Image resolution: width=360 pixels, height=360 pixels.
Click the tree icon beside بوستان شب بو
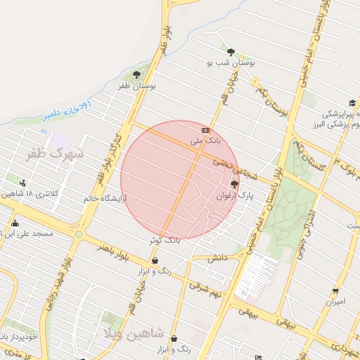[x=230, y=51]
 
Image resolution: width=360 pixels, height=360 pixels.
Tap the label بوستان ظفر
[x=136, y=86]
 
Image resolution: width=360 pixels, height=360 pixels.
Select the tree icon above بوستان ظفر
[x=136, y=74]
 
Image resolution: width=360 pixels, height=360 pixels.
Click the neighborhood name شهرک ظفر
[x=53, y=152]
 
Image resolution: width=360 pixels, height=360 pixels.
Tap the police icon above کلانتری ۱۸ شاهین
[x=23, y=184]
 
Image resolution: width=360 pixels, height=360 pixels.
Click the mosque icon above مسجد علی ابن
[x=15, y=224]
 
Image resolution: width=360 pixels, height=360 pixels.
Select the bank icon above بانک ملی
[x=205, y=130]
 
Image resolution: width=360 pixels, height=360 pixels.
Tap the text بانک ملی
[x=205, y=141]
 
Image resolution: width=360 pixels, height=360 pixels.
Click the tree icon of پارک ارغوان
[x=234, y=184]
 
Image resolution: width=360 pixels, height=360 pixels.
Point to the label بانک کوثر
[x=165, y=240]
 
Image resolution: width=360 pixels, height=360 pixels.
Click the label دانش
[x=216, y=259]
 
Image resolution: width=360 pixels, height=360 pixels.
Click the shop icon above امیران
[x=335, y=291]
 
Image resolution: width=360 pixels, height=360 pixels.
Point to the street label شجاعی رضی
[x=238, y=168]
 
